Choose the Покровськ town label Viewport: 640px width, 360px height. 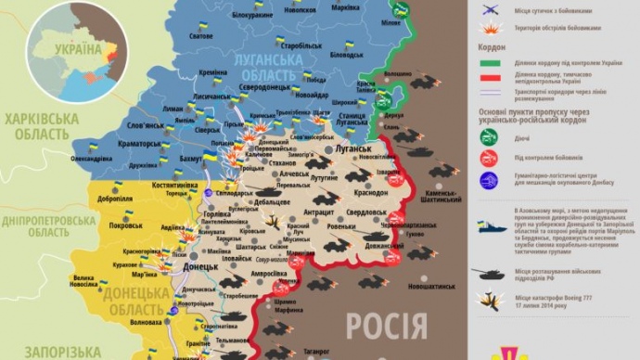coord(125,225)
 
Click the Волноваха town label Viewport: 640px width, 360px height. coord(147,323)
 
